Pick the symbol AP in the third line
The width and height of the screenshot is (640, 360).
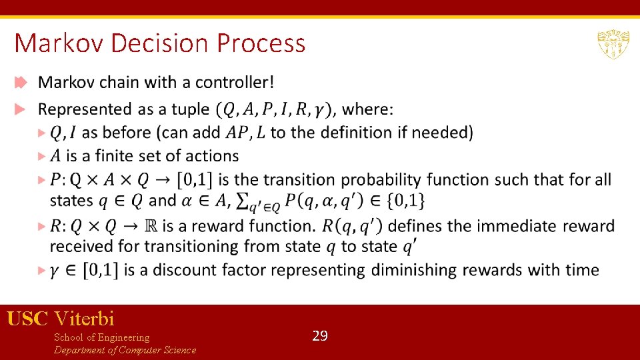coord(235,133)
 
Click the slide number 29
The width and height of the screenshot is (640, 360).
coord(320,336)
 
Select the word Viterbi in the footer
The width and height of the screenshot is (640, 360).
coord(85,319)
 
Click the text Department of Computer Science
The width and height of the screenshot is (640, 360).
coord(125,350)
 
